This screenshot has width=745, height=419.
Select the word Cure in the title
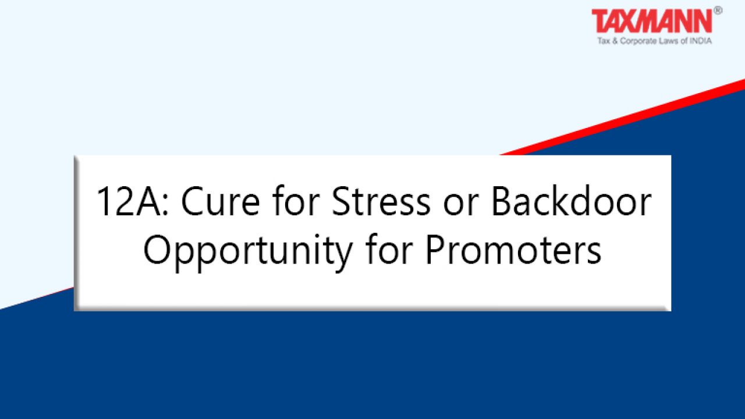pos(221,201)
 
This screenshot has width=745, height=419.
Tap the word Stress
pos(381,201)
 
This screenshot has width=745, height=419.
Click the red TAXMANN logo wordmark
pos(652,21)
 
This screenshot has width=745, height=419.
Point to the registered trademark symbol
pos(718,10)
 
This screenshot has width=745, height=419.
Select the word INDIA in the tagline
pos(701,41)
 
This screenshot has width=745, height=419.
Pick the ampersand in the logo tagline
pos(615,41)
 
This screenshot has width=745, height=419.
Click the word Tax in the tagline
pos(604,41)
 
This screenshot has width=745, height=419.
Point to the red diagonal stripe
pos(622,117)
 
